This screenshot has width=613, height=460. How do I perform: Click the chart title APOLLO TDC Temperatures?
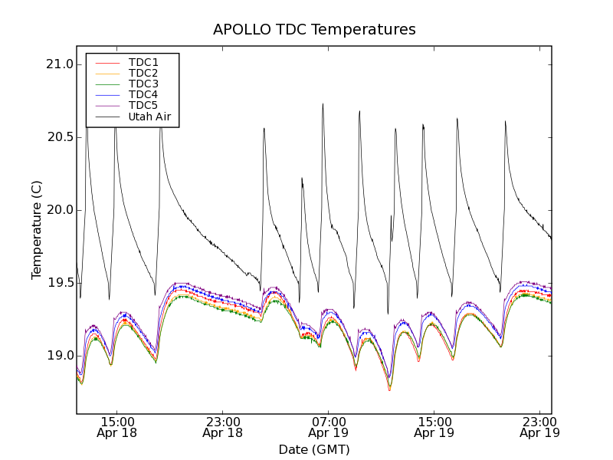[314, 30]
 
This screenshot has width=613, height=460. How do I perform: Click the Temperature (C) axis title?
[37, 230]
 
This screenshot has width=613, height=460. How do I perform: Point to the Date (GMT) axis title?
[314, 449]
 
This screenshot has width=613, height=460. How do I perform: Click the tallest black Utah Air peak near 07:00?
[323, 104]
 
